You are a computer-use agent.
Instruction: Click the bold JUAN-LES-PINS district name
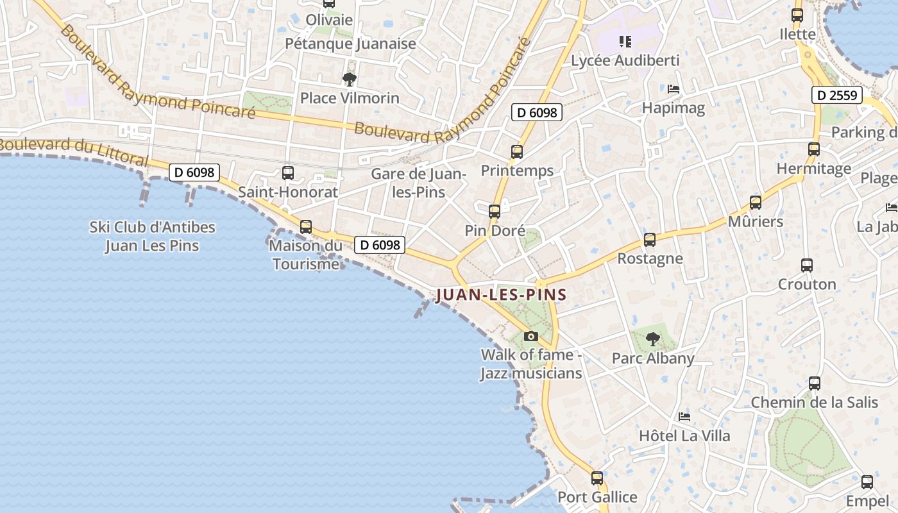(x=501, y=295)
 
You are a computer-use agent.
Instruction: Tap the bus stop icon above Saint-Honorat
(x=288, y=172)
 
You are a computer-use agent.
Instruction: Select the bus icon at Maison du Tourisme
(x=306, y=226)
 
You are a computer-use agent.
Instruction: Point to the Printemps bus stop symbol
(x=517, y=152)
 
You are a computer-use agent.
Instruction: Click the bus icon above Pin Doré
(x=494, y=211)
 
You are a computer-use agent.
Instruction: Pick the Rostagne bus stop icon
(x=650, y=240)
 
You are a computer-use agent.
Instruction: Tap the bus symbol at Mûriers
(x=756, y=203)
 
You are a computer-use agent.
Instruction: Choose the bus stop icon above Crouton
(x=807, y=265)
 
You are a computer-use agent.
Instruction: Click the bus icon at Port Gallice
(x=597, y=478)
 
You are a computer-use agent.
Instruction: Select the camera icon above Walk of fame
(x=530, y=336)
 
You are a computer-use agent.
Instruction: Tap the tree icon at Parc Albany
(x=653, y=339)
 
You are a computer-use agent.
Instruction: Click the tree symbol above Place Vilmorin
(x=350, y=80)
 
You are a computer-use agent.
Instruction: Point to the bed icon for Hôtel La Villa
(x=684, y=417)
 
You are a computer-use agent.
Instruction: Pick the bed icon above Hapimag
(x=673, y=89)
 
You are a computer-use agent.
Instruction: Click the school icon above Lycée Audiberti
(x=625, y=42)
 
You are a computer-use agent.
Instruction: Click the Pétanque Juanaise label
(x=351, y=44)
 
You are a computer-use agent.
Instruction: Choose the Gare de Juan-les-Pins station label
(x=418, y=183)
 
